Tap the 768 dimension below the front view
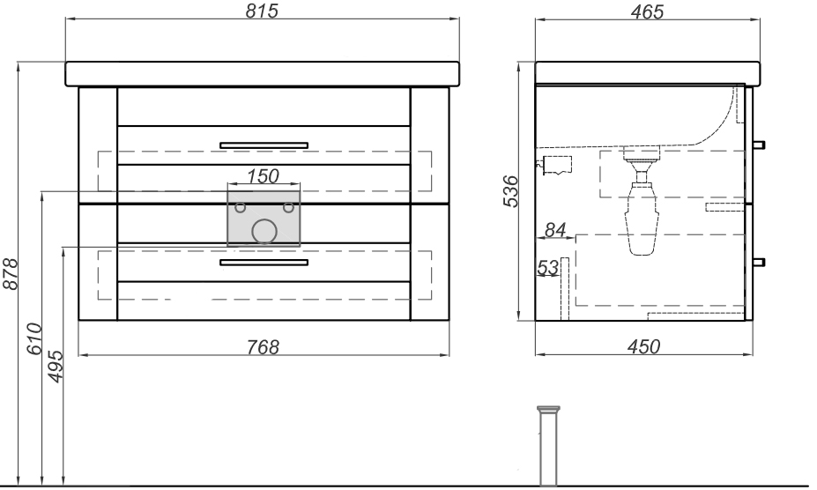tap(262, 346)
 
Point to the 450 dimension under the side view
tap(643, 346)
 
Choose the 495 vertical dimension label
tap(55, 364)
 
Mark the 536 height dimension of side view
tap(510, 192)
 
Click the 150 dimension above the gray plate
tap(263, 176)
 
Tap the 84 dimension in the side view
tap(553, 230)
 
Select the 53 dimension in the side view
tap(547, 267)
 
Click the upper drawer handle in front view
tap(264, 145)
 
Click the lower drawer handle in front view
tap(264, 263)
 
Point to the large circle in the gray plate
tap(264, 232)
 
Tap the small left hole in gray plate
tap(240, 209)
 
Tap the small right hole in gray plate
tap(287, 209)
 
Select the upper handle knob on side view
tap(759, 145)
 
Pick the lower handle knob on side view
tap(759, 262)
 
